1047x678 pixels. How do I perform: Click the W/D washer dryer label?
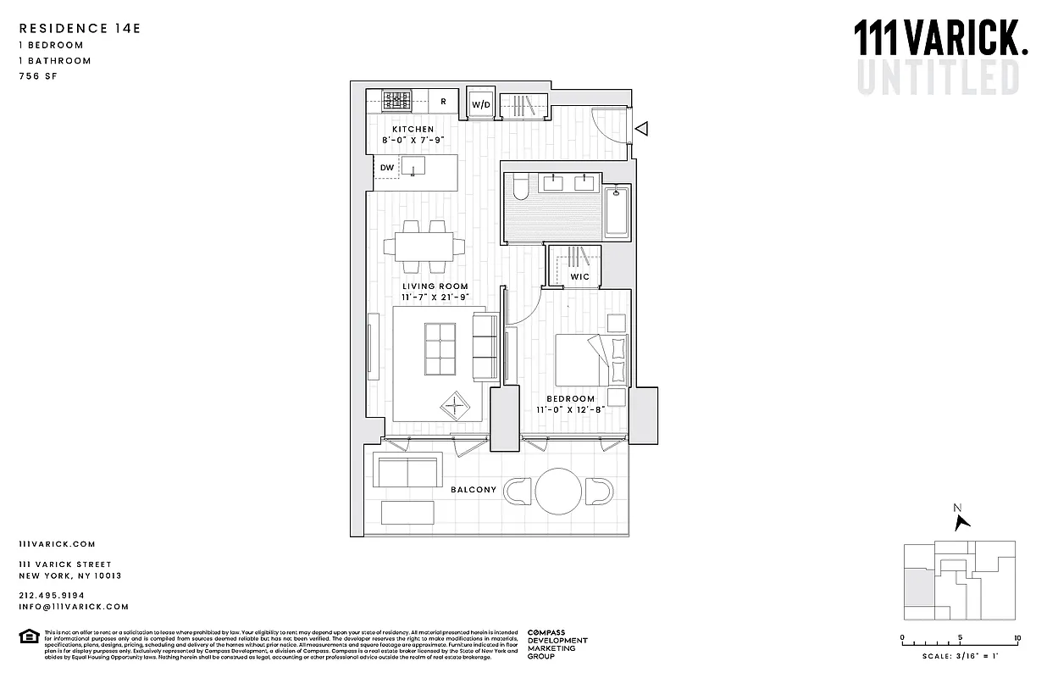pyautogui.click(x=481, y=104)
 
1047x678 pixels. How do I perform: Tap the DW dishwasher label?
pyautogui.click(x=386, y=168)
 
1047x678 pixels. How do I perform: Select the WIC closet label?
pyautogui.click(x=579, y=277)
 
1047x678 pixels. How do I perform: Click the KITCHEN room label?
pyautogui.click(x=413, y=130)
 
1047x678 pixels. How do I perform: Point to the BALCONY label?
pyautogui.click(x=474, y=490)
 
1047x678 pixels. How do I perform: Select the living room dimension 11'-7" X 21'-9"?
pyautogui.click(x=435, y=298)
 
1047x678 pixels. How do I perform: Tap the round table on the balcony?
pyautogui.click(x=559, y=491)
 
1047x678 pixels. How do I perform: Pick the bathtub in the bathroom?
pyautogui.click(x=618, y=212)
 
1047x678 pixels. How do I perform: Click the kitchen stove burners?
pyautogui.click(x=397, y=101)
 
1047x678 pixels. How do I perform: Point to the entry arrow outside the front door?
pyautogui.click(x=642, y=129)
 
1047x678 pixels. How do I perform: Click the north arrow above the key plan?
pyautogui.click(x=961, y=520)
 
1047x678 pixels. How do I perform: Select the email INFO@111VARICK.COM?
pyautogui.click(x=74, y=607)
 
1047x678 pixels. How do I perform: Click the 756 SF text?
pyautogui.click(x=37, y=76)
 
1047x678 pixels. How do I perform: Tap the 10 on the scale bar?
pyautogui.click(x=1017, y=638)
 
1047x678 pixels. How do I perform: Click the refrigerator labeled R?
pyautogui.click(x=442, y=102)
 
